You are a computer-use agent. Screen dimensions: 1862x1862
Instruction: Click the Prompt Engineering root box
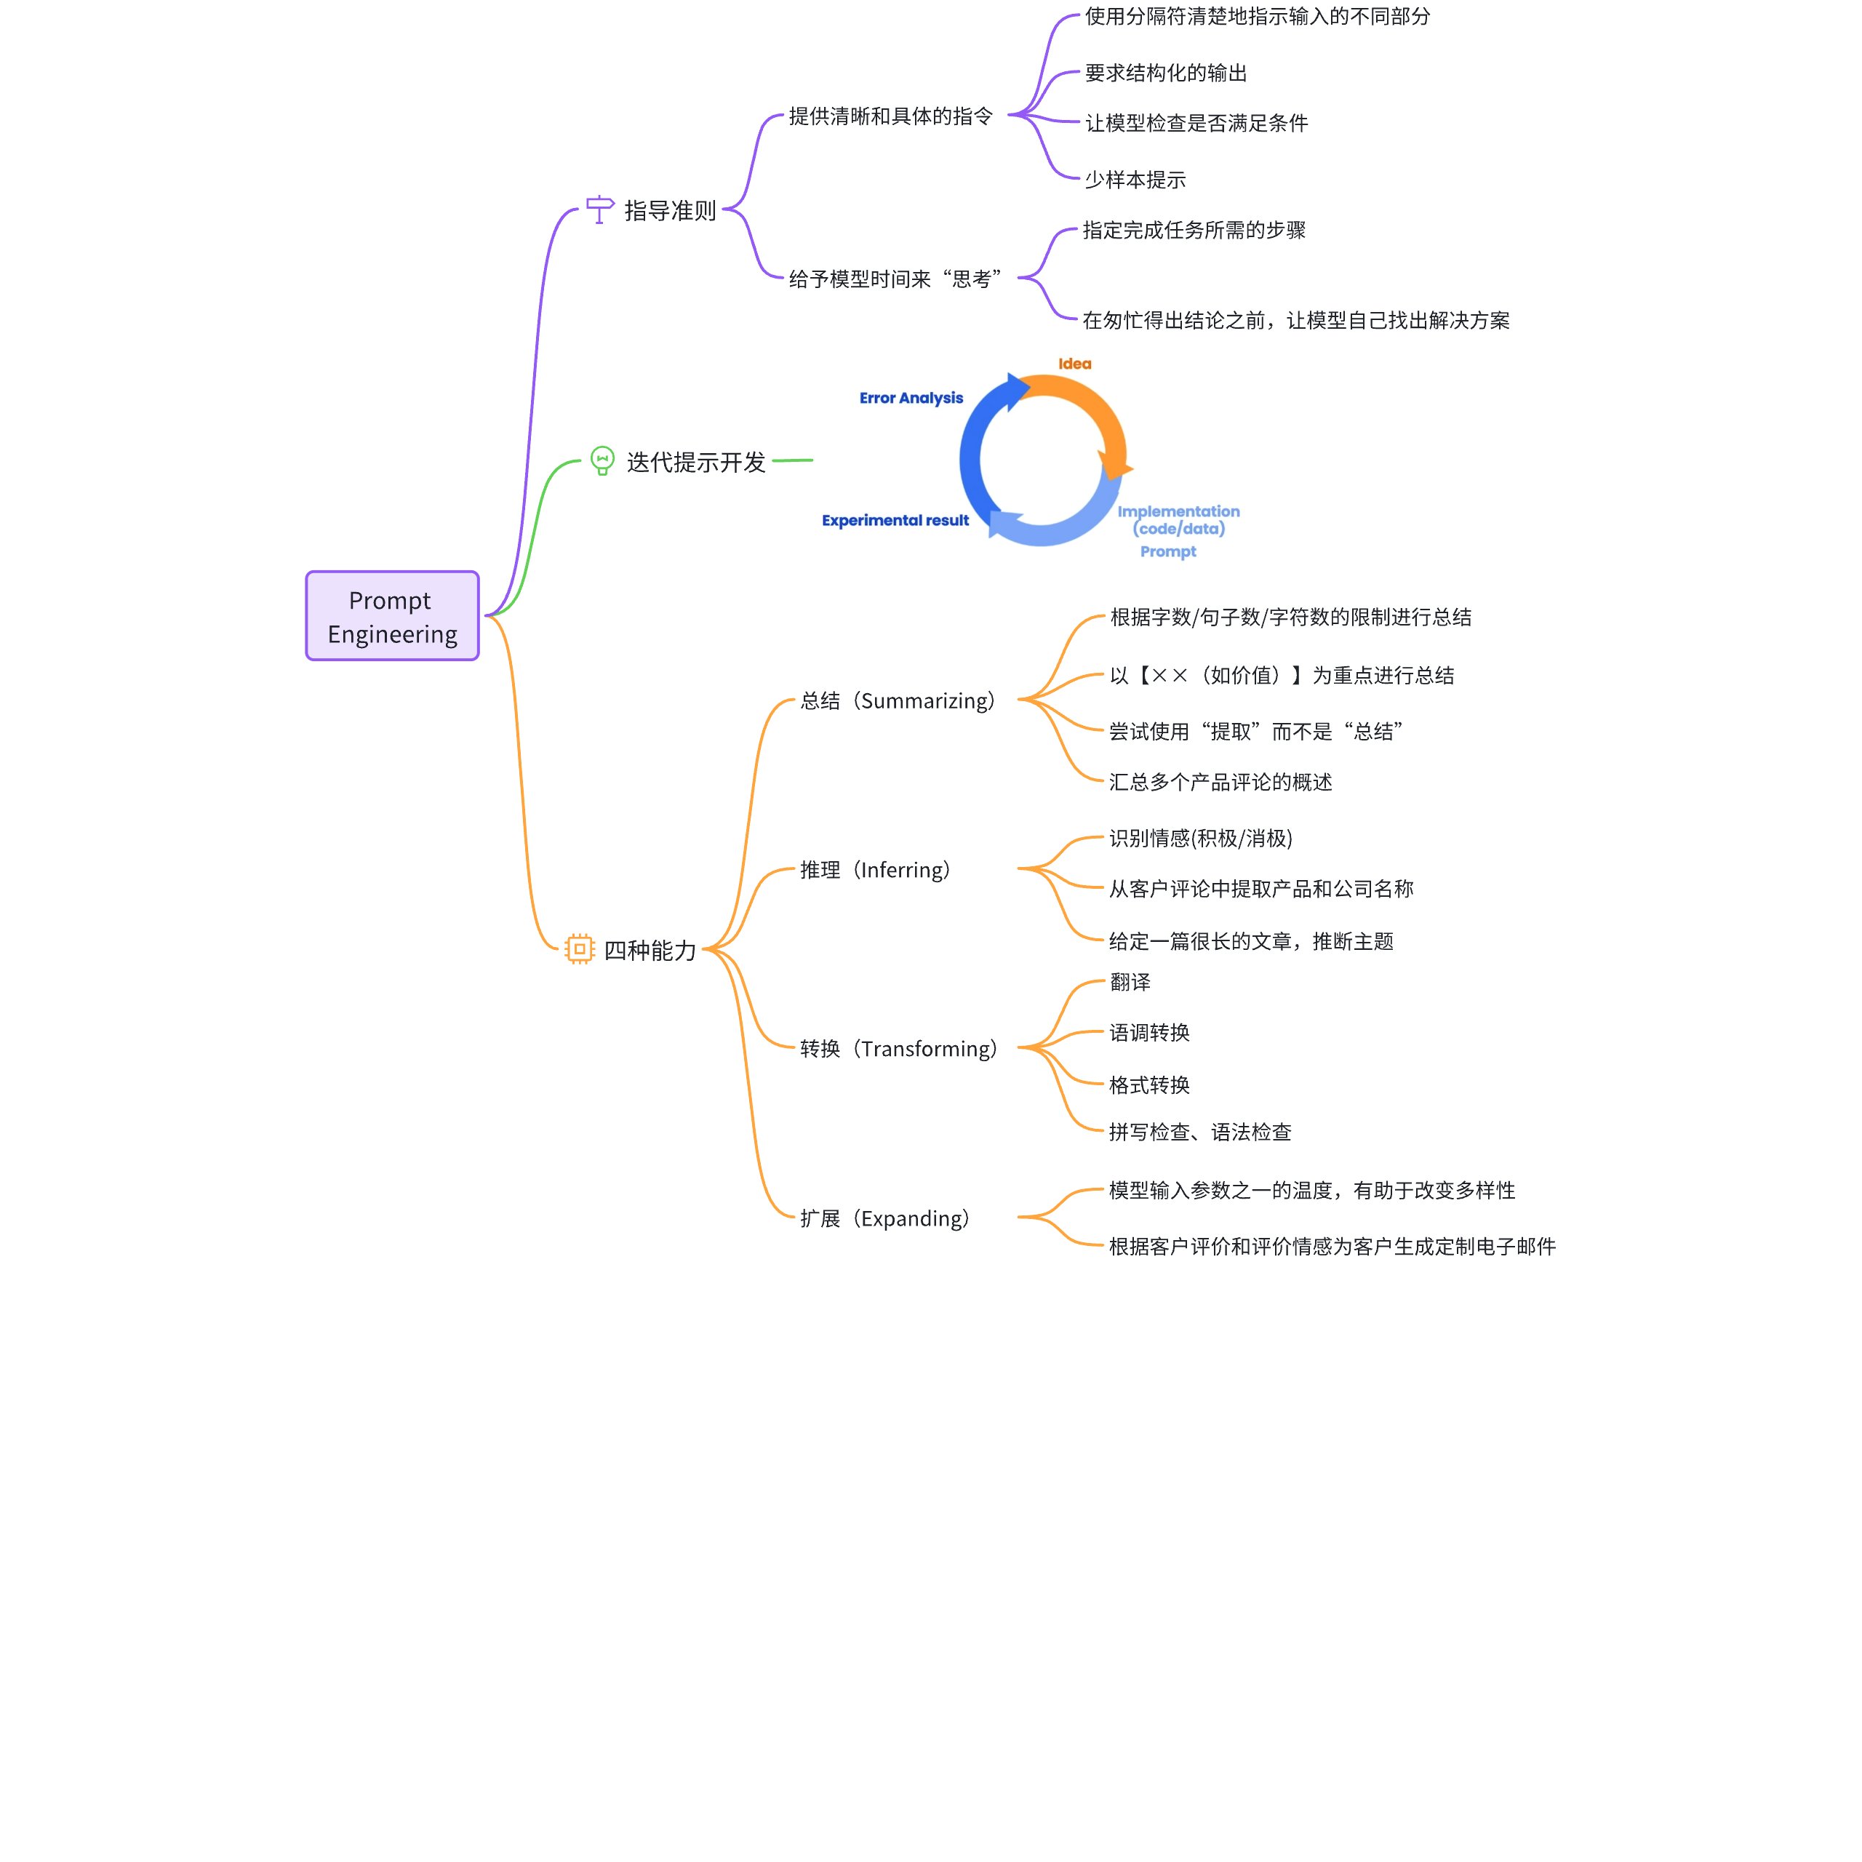[x=392, y=616]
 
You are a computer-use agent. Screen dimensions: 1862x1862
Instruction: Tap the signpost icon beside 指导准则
[x=599, y=209]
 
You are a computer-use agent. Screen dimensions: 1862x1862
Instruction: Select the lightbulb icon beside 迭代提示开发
[x=602, y=460]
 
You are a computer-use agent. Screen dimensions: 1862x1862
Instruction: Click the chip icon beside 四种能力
[x=579, y=949]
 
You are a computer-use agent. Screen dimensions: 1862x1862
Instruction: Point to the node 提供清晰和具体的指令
[x=890, y=116]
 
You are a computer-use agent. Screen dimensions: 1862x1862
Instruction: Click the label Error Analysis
[x=911, y=398]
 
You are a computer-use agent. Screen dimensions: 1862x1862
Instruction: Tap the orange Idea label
[x=1074, y=364]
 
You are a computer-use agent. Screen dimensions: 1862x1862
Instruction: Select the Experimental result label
[x=895, y=521]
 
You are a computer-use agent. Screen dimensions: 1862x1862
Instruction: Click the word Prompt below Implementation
[x=1168, y=551]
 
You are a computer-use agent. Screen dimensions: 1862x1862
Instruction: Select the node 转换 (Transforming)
[x=899, y=1049]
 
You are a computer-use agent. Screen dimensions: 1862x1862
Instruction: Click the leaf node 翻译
[x=1130, y=982]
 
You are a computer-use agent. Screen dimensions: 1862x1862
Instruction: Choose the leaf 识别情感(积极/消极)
[x=1201, y=839]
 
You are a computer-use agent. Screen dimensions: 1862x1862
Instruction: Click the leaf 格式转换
[x=1148, y=1085]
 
